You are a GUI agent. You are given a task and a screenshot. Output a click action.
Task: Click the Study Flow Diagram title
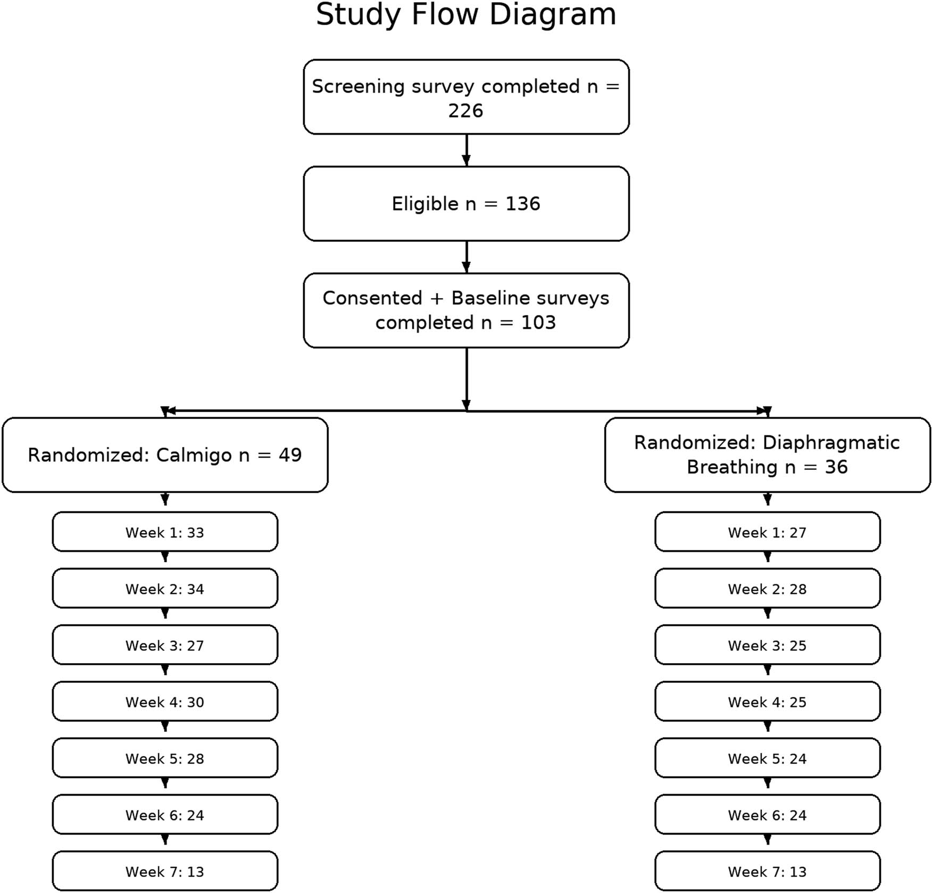[x=466, y=15]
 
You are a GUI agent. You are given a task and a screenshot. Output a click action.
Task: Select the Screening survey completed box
[x=466, y=97]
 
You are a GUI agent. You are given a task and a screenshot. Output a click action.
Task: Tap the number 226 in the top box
[x=465, y=111]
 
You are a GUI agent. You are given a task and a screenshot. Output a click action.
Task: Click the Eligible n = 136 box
[x=466, y=204]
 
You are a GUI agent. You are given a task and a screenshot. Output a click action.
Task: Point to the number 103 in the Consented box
[x=538, y=323]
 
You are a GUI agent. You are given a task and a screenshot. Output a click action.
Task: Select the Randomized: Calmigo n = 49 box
[x=165, y=455]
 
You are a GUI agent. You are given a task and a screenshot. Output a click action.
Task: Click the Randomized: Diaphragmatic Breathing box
[x=767, y=455]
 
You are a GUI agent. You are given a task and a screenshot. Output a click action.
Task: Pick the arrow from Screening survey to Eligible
[x=466, y=151]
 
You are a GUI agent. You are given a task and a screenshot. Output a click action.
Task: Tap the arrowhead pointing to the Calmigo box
[x=166, y=411]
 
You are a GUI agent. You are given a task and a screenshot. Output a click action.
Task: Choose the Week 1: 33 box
[x=165, y=532]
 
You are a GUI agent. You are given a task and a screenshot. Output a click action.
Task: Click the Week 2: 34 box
[x=165, y=589]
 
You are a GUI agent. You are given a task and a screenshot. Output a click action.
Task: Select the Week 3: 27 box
[x=165, y=645]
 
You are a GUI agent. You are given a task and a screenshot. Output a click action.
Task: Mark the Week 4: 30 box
[x=165, y=701]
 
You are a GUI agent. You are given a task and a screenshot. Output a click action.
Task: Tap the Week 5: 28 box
[x=165, y=758]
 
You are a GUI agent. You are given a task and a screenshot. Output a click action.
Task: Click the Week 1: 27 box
[x=767, y=532]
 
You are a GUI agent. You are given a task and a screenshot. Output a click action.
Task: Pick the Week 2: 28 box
[x=767, y=589]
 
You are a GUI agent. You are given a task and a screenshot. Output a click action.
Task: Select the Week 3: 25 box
[x=767, y=645]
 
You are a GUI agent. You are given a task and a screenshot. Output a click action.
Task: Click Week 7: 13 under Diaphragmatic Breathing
[x=767, y=871]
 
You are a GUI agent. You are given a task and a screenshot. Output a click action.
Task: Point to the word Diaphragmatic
[x=831, y=443]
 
